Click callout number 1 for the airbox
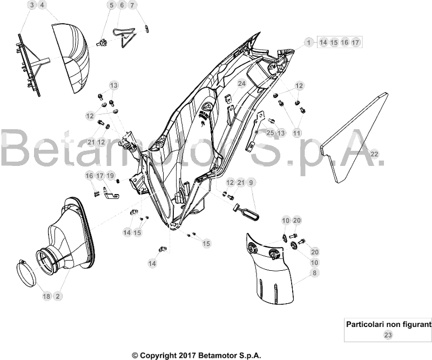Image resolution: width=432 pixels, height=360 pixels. click(x=309, y=43)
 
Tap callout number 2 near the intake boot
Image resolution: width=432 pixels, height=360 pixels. click(x=58, y=296)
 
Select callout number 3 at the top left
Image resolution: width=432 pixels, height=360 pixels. click(x=32, y=5)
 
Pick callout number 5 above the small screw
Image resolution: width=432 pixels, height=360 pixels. click(x=112, y=5)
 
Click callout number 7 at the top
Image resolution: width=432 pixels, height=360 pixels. click(x=132, y=5)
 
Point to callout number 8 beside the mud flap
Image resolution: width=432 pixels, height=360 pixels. click(x=314, y=273)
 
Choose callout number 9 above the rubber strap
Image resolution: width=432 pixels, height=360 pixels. click(x=251, y=182)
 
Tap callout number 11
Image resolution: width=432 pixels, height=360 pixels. click(x=296, y=133)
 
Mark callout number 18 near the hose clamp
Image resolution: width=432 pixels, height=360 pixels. click(x=47, y=296)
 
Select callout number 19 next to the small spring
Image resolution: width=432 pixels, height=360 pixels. click(x=110, y=176)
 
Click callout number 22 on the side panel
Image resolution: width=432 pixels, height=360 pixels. click(x=374, y=154)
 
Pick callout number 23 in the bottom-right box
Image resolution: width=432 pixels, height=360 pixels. click(x=388, y=335)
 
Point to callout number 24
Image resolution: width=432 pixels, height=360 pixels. click(x=241, y=84)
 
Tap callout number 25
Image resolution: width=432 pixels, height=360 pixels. click(x=271, y=133)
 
